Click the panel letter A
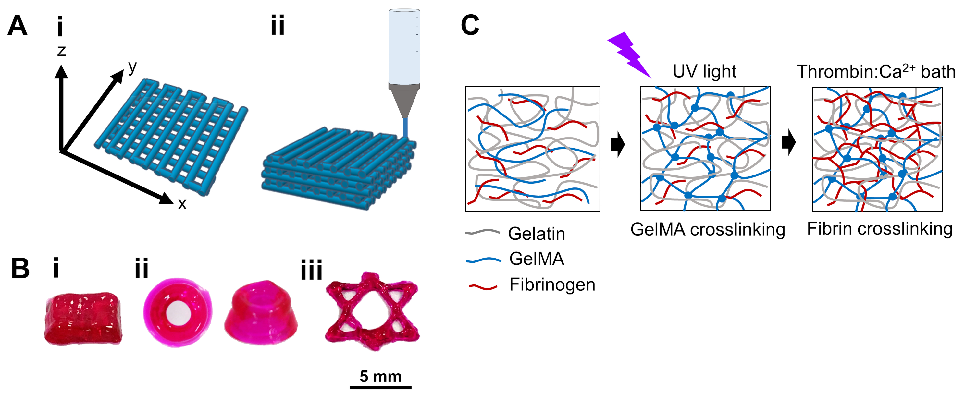[x=17, y=26]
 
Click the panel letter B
[x=20, y=268]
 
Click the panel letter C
[x=470, y=25]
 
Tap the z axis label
[x=61, y=51]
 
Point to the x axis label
[x=182, y=204]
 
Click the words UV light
[x=704, y=71]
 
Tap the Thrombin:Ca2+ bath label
[x=876, y=71]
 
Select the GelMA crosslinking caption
[x=707, y=229]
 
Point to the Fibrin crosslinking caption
[x=879, y=229]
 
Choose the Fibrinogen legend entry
[x=552, y=285]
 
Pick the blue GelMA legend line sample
[x=483, y=260]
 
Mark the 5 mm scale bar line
[x=380, y=388]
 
